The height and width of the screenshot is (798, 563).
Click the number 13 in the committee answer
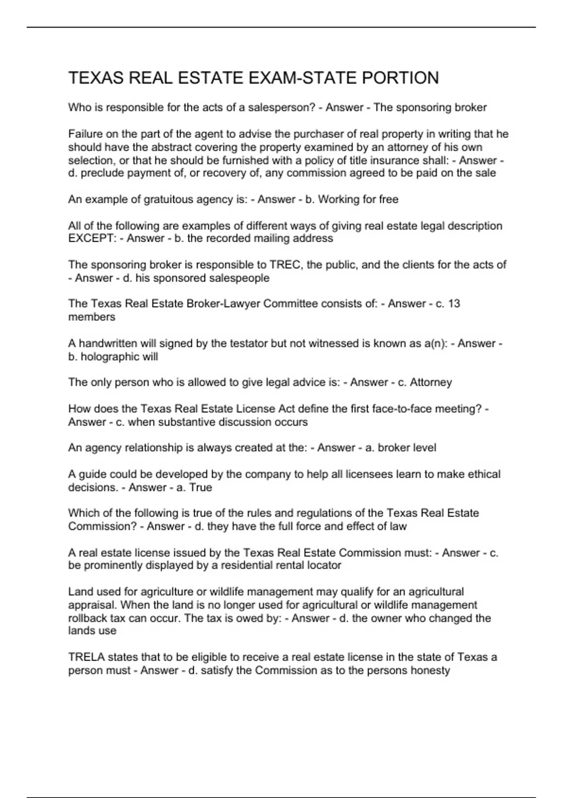tap(454, 304)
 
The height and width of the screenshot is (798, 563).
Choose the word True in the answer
tap(201, 487)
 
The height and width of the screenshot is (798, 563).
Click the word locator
tap(324, 565)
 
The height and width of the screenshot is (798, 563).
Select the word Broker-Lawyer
tap(223, 304)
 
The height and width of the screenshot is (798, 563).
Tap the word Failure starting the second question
tap(85, 134)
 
